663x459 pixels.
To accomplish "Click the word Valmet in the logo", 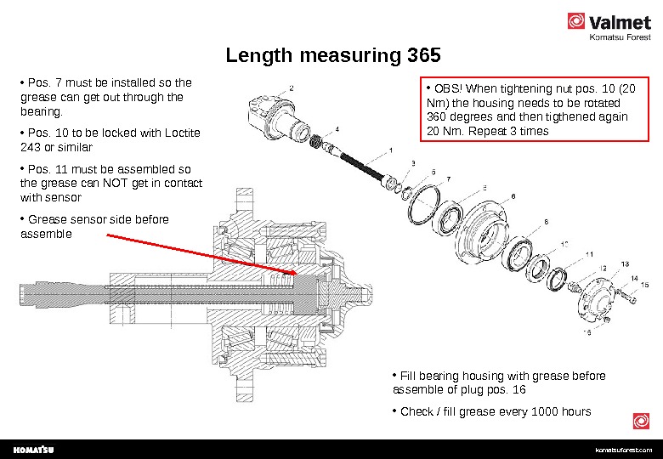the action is tap(620, 22).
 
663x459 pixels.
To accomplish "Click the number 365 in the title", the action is tap(424, 55).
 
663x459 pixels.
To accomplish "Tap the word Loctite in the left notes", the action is tap(182, 133).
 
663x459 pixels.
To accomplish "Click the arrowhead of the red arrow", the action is tap(292, 272).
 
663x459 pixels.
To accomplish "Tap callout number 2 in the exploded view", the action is tap(292, 88).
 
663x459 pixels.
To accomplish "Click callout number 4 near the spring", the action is tap(337, 129).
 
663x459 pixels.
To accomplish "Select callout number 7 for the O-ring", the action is tap(449, 179).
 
